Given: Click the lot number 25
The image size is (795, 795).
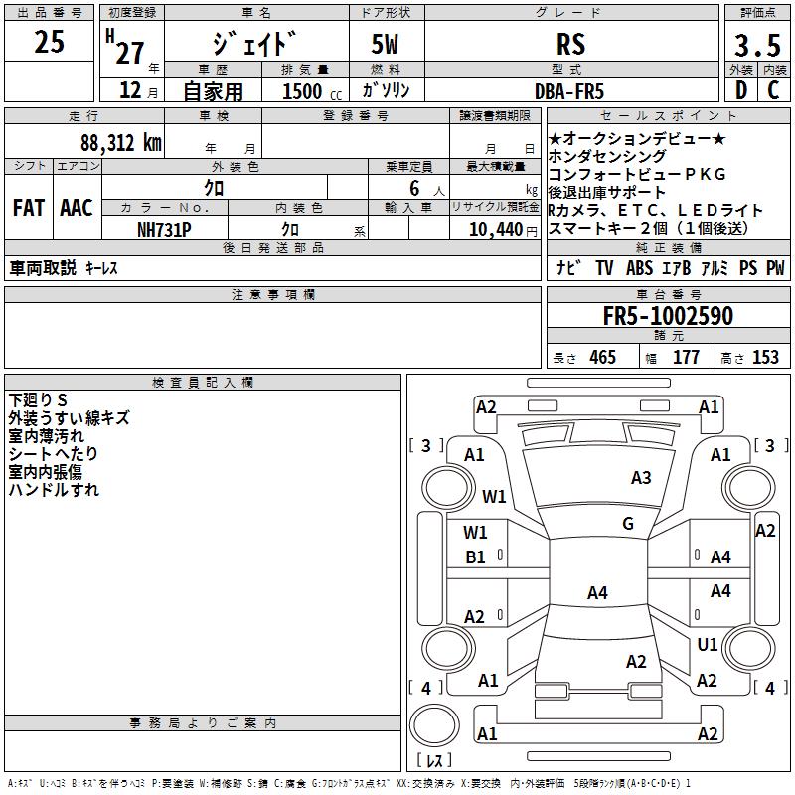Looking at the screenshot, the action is click(x=49, y=43).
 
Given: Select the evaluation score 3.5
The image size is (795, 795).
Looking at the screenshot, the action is click(x=755, y=46).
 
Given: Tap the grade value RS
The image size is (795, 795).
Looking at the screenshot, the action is click(x=571, y=45).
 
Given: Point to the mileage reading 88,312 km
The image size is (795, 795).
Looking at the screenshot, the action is click(x=120, y=142).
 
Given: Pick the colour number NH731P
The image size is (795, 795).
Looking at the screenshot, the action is click(x=165, y=229).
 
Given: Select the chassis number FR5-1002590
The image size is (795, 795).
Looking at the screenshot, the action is click(x=668, y=317).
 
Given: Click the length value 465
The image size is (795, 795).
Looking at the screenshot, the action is click(x=602, y=358).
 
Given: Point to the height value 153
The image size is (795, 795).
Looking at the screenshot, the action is click(x=765, y=358).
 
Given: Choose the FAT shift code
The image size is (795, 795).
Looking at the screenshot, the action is click(x=29, y=209).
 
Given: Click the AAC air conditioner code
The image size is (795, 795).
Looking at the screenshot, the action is click(x=77, y=209).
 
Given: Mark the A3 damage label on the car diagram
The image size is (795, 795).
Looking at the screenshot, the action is click(x=641, y=478).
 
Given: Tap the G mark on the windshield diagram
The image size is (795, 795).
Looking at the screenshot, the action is click(x=628, y=524).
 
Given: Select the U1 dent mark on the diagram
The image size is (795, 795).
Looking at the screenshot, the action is click(x=707, y=645).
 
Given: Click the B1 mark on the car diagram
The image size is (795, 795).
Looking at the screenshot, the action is click(x=476, y=557).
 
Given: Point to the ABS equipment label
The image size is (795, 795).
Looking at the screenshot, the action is click(x=641, y=268).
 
